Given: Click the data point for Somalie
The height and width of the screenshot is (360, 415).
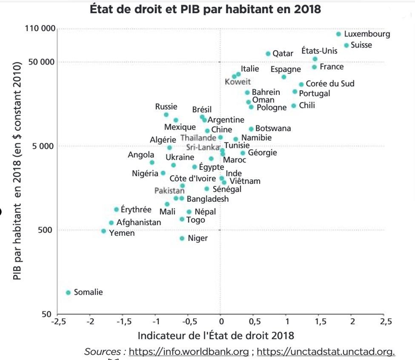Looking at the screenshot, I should point(69,293).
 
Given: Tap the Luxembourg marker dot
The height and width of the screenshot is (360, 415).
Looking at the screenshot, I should point(339,34).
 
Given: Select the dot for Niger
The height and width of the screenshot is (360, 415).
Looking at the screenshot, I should point(182,239).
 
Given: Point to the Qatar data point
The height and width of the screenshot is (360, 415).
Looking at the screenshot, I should point(268,54).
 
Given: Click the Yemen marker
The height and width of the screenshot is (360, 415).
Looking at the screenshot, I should point(104,231).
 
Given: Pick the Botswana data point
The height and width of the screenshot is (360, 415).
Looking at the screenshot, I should point(251,129).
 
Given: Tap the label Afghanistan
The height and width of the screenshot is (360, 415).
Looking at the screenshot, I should point(139,222).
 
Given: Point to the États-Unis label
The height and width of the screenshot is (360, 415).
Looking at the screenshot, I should point(319,51).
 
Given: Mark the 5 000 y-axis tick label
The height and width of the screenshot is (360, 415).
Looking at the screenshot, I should point(43,146).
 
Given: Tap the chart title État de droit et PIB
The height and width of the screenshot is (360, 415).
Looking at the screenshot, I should point(206,9).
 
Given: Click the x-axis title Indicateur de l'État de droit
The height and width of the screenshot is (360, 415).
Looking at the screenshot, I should point(216,336).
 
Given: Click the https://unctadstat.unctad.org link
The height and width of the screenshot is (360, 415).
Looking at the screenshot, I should point(326,352).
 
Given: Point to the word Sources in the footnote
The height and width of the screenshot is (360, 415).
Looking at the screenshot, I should point(103,352).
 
